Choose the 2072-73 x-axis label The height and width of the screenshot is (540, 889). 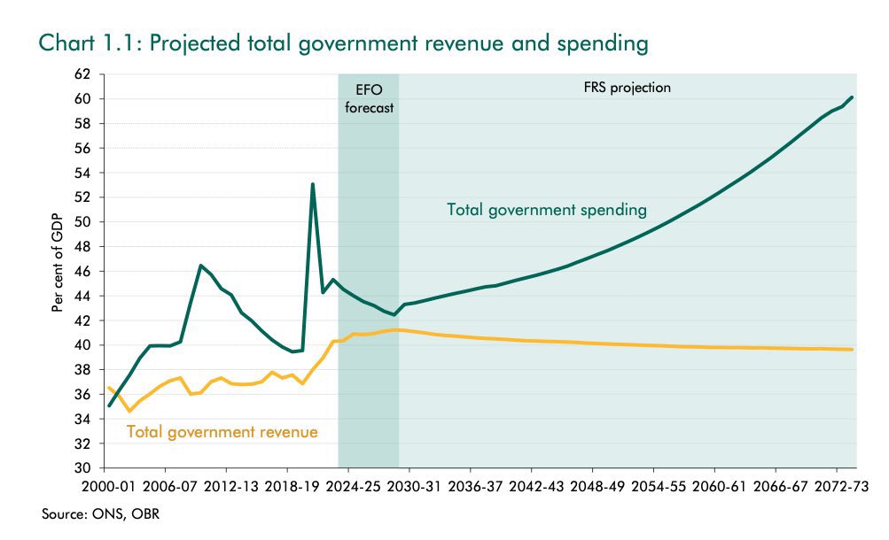(835, 486)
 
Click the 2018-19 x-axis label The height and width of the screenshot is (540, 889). (287, 486)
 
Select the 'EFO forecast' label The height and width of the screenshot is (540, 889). (368, 97)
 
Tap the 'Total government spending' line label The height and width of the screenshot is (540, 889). (547, 210)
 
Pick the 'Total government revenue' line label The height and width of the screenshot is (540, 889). (222, 432)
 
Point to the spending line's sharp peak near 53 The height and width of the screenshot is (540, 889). (312, 184)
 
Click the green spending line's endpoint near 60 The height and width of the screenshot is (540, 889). (852, 97)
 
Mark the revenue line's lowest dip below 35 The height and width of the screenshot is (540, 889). (129, 411)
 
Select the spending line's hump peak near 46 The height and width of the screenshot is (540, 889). (201, 266)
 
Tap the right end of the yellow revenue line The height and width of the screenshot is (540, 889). (852, 350)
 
